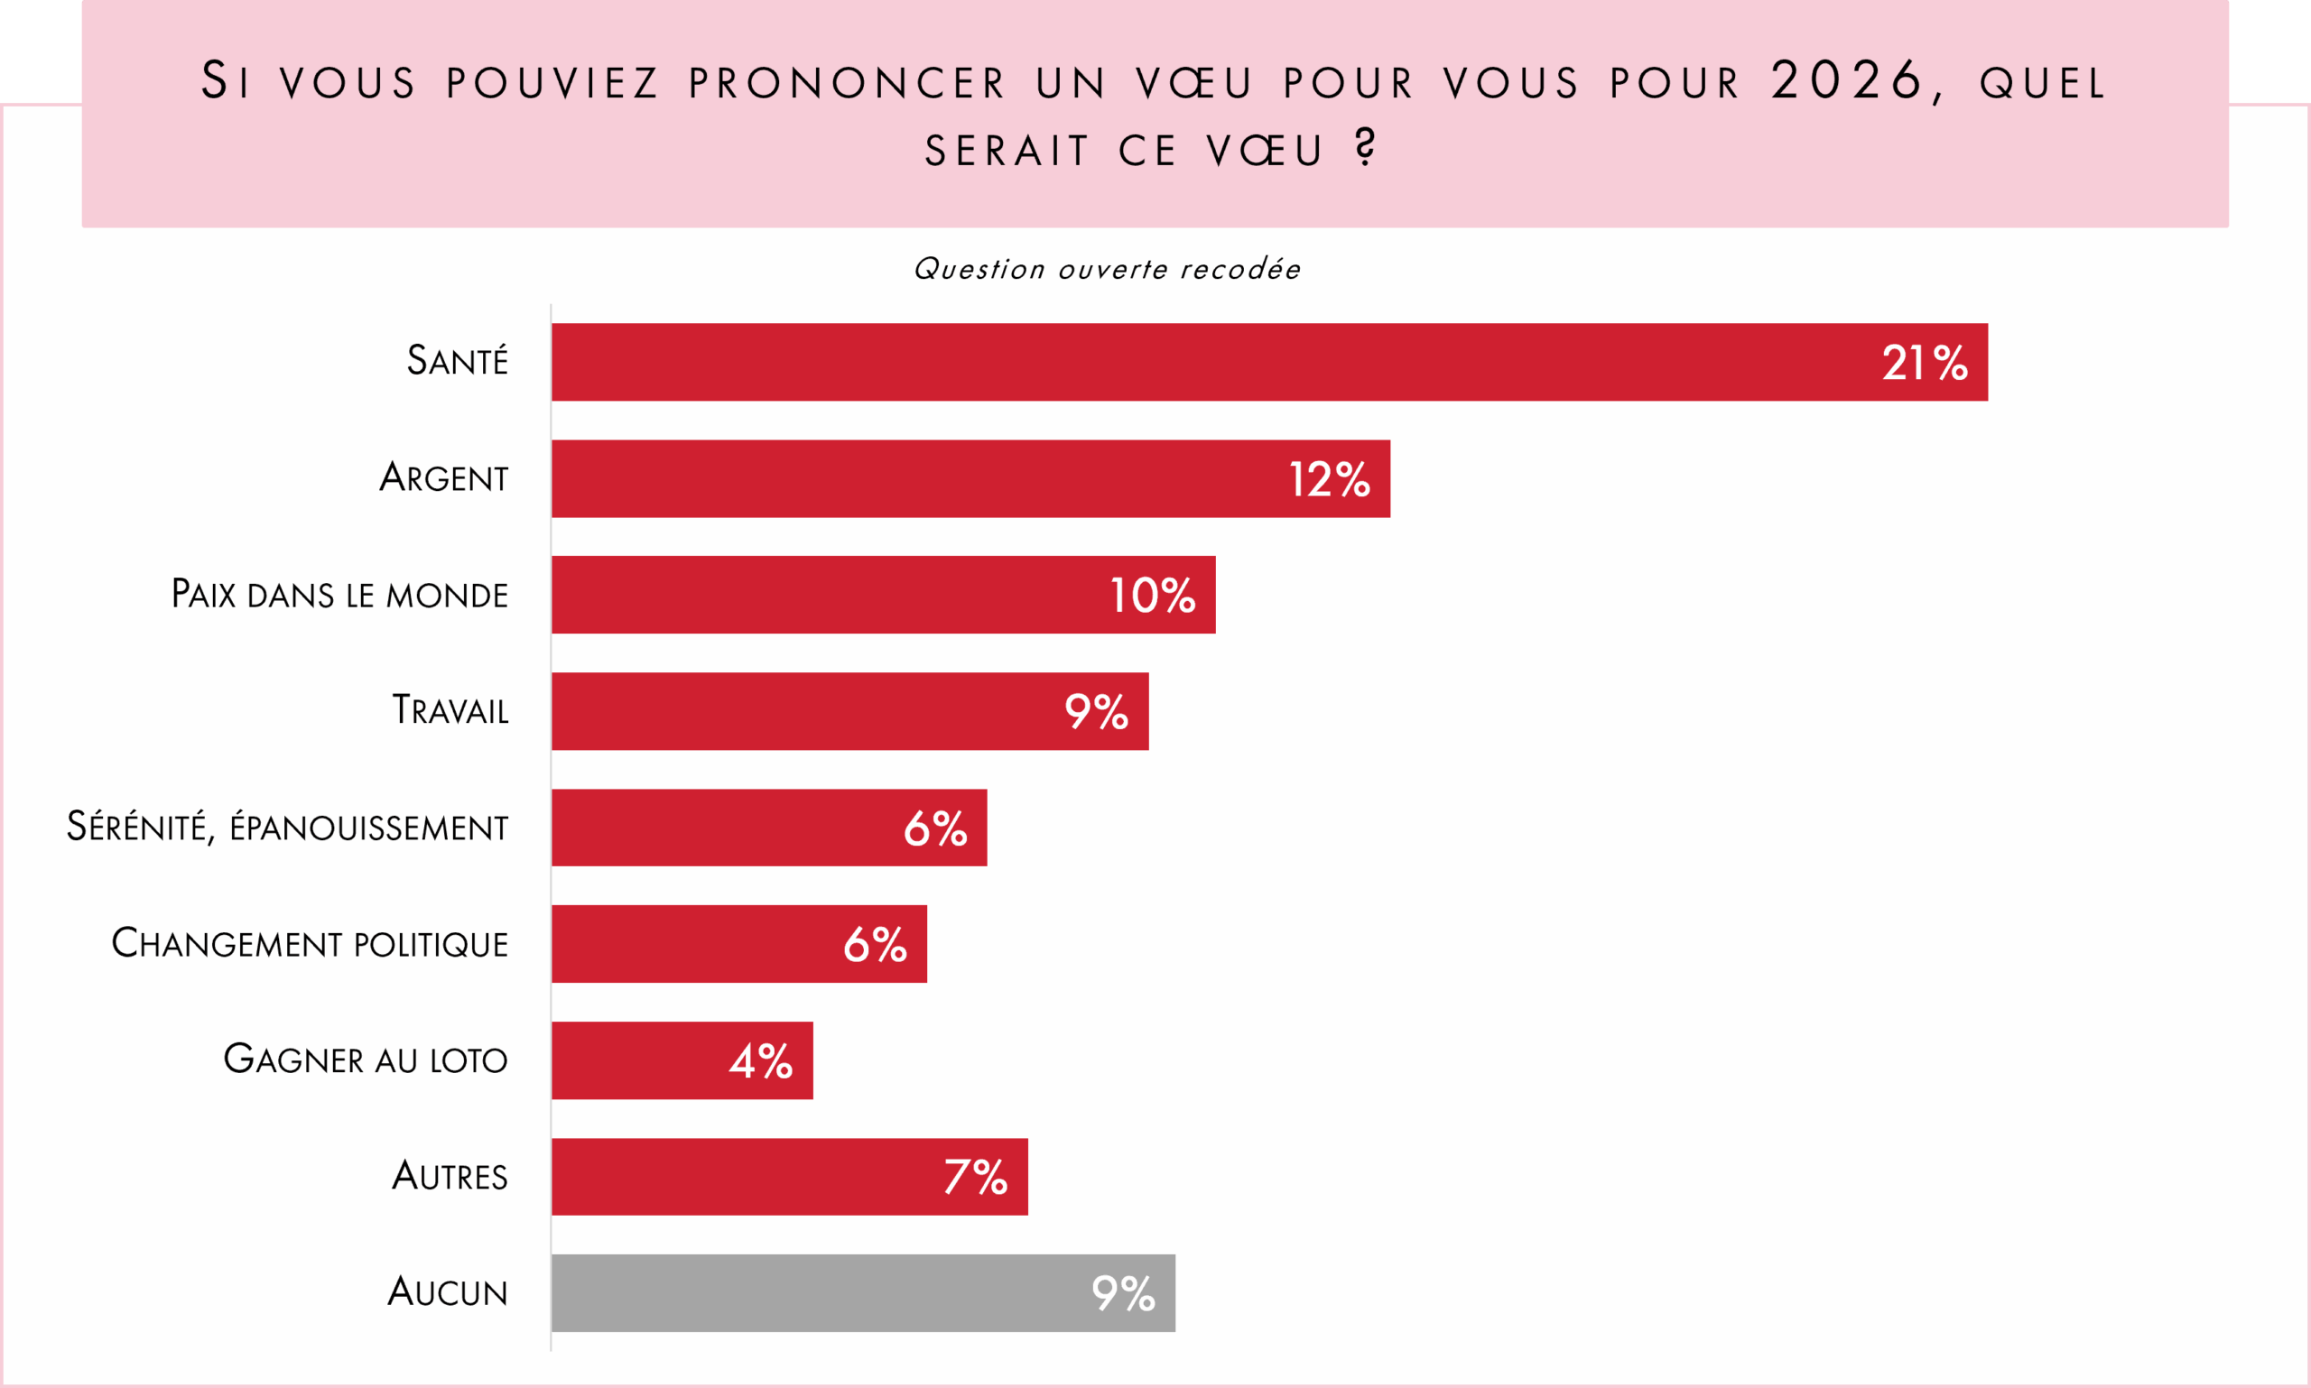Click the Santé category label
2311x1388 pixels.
coord(457,361)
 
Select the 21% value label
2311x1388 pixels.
coord(1924,363)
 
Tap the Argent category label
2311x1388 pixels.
coord(443,478)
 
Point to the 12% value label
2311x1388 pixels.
coord(1329,480)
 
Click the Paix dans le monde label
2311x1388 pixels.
coord(339,595)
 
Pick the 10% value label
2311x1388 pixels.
coord(1152,596)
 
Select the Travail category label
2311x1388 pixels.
coord(450,711)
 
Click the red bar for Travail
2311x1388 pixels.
coord(795,712)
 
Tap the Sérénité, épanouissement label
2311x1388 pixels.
coord(287,828)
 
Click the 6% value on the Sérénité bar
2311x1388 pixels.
coord(934,828)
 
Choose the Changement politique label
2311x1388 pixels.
coord(310,944)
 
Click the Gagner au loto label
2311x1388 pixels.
coord(365,1060)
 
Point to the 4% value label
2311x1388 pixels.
coord(761,1061)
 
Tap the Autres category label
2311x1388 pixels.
coord(449,1177)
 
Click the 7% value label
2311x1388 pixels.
coord(975,1178)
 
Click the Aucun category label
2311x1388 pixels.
coord(447,1292)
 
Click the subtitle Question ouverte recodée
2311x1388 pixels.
coord(1107,269)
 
